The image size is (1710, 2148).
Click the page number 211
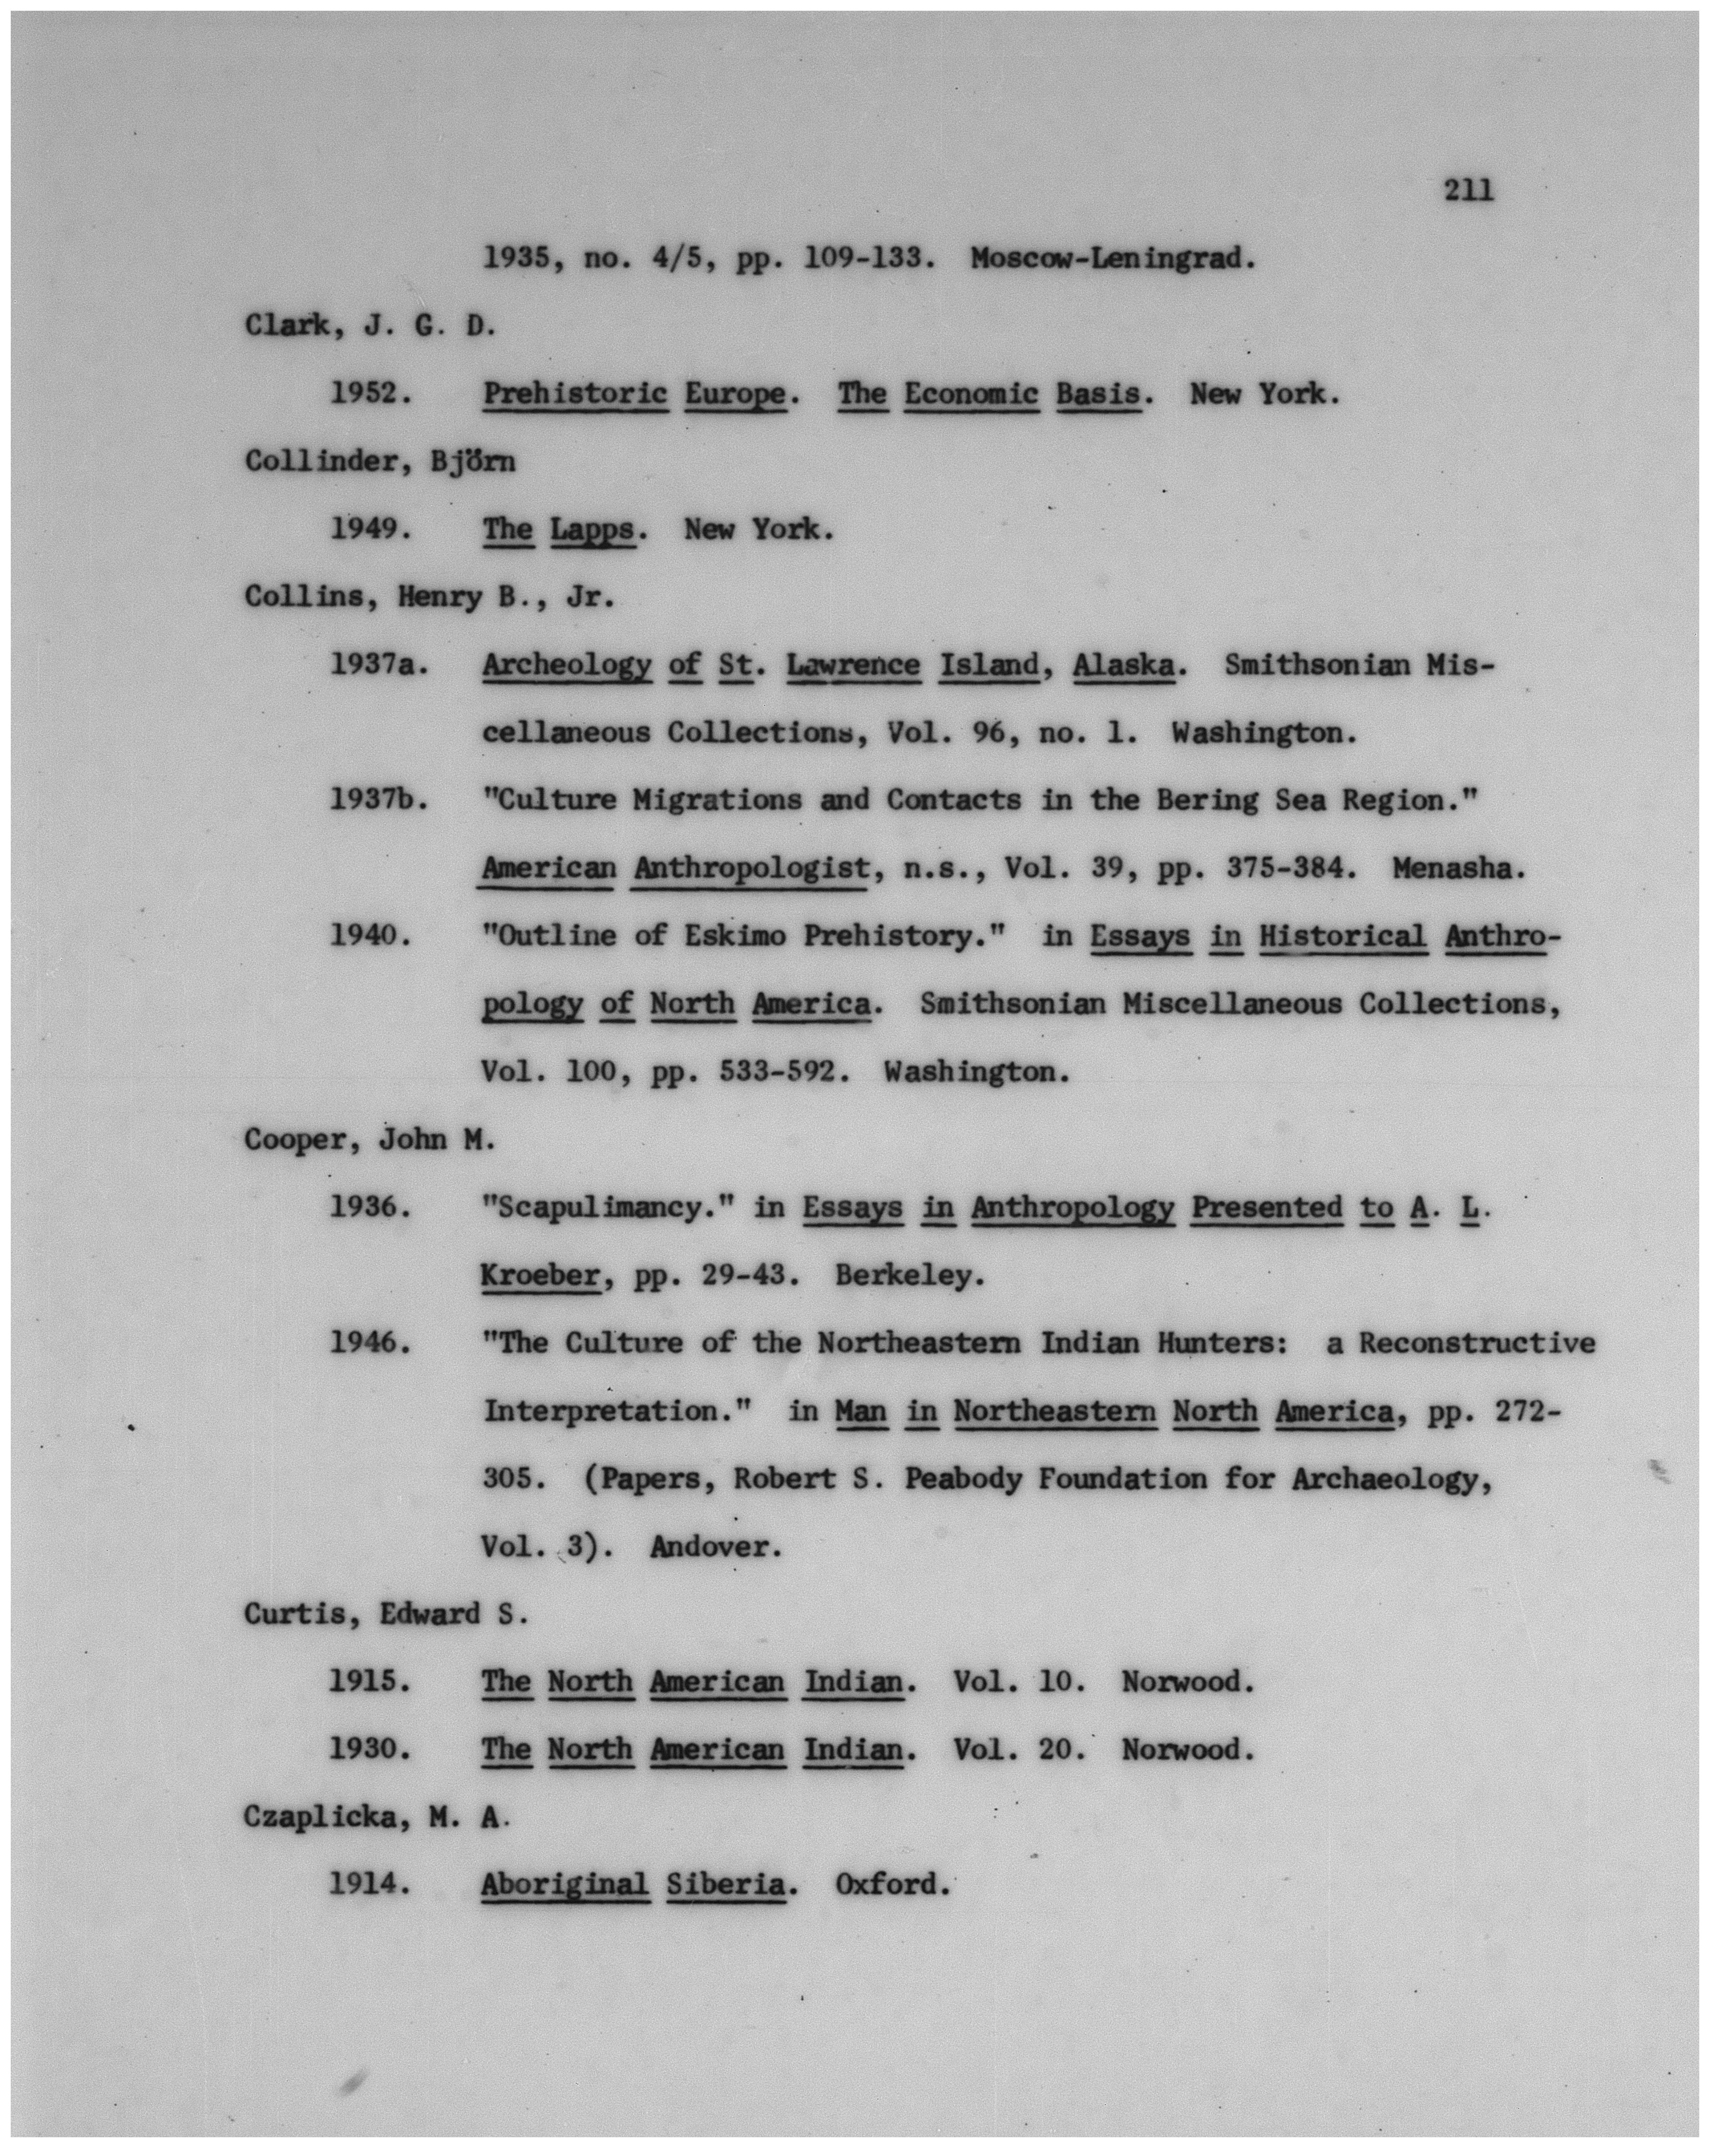pyautogui.click(x=1468, y=189)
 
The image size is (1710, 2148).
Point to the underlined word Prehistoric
pyautogui.click(x=575, y=393)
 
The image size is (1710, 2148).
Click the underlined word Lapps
pyautogui.click(x=592, y=529)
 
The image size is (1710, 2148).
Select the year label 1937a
pyautogui.click(x=379, y=664)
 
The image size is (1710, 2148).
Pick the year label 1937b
pyautogui.click(x=379, y=800)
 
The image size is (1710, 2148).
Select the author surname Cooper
pyautogui.click(x=302, y=1140)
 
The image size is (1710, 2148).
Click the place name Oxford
pyautogui.click(x=890, y=1885)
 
